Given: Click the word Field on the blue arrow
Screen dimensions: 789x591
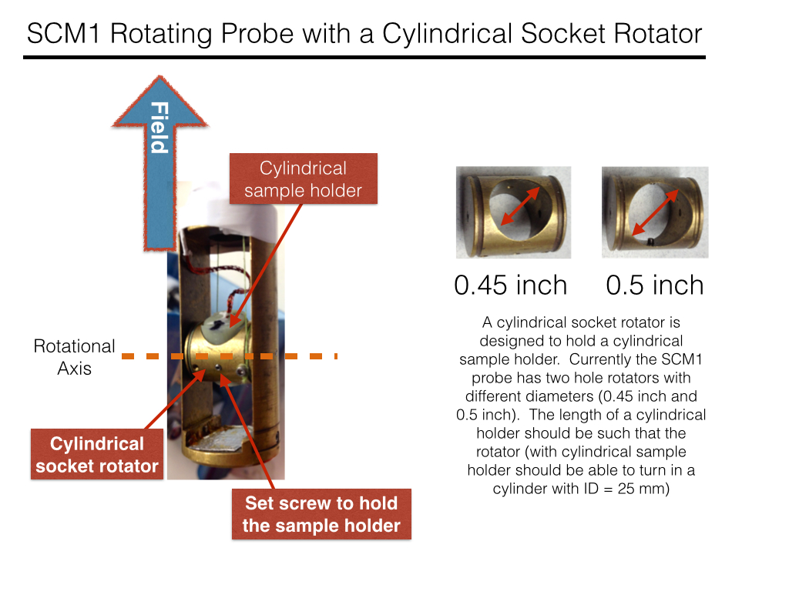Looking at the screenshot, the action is coord(159,127).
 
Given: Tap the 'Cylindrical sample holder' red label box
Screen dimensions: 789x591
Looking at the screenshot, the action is coord(304,179).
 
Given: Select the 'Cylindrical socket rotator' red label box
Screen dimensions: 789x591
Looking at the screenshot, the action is coord(97,454).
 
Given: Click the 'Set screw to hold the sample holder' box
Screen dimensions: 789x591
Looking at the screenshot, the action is coord(321,514).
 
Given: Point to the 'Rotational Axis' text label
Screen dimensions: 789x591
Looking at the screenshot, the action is coord(75,357).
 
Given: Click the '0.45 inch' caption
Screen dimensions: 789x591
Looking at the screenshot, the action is coord(511,285).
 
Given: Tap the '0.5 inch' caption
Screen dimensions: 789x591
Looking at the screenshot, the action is coord(655,285).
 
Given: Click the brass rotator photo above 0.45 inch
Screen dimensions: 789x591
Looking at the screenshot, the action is coord(513,212).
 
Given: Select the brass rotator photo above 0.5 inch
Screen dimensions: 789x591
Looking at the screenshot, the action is coord(655,212).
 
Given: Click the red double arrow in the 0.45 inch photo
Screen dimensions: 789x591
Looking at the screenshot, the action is coord(520,206).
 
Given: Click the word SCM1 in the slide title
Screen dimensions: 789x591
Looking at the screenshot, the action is coord(63,34).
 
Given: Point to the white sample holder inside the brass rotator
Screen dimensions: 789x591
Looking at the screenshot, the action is coord(223,326).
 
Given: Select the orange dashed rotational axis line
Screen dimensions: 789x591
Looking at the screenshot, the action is coord(230,356).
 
